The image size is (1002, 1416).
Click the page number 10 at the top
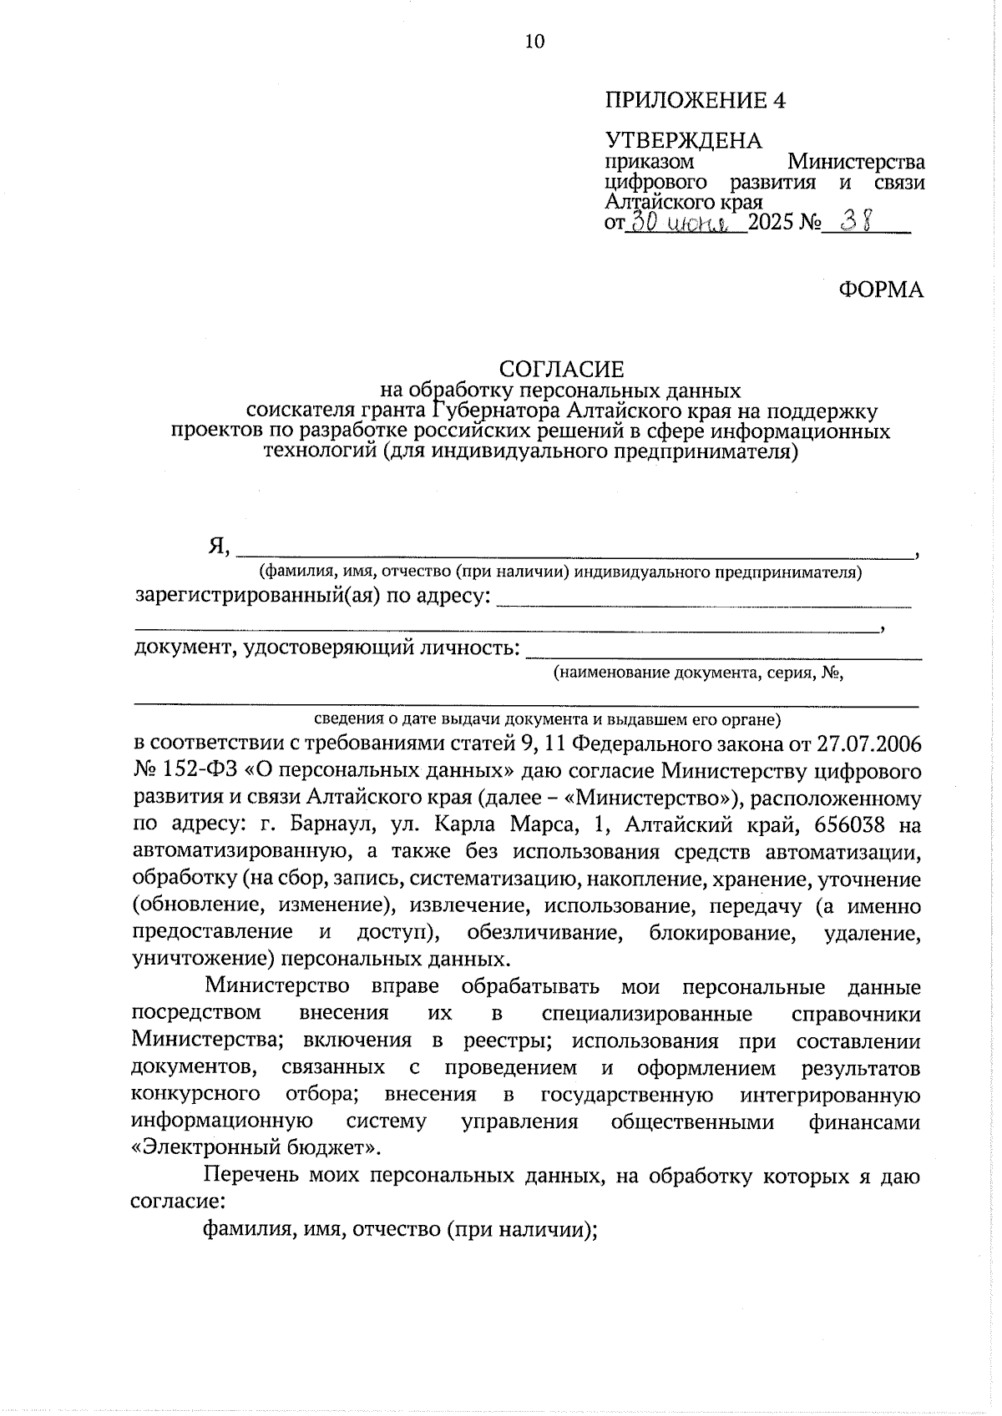click(x=534, y=42)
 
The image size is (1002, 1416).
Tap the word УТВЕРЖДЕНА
click(x=683, y=140)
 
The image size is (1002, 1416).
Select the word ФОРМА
click(x=881, y=290)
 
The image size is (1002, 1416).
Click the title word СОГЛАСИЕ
click(x=561, y=369)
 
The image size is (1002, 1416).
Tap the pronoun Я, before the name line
click(x=219, y=547)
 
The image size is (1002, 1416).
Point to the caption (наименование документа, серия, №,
click(x=698, y=673)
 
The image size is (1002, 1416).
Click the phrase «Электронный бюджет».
click(x=256, y=1147)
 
